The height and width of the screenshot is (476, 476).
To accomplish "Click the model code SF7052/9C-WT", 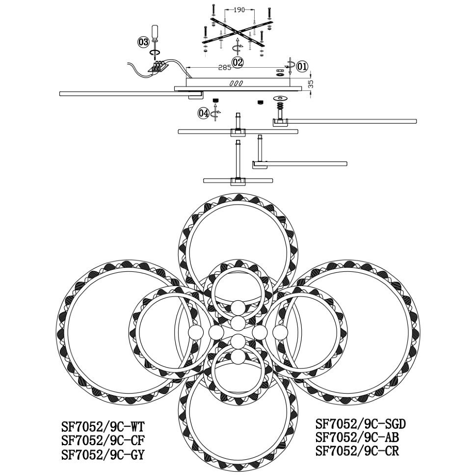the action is pyautogui.click(x=102, y=427).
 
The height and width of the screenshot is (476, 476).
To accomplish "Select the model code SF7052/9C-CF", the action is pyautogui.click(x=102, y=441).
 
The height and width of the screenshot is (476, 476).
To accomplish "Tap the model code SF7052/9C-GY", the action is pyautogui.click(x=102, y=455).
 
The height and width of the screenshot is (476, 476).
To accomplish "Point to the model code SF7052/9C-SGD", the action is pyautogui.click(x=361, y=424).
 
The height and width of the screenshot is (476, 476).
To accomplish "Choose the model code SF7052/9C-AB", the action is pyautogui.click(x=357, y=437).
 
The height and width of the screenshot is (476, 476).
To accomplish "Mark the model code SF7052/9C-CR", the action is pyautogui.click(x=357, y=451).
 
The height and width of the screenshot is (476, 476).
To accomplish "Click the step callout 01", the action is pyautogui.click(x=302, y=66).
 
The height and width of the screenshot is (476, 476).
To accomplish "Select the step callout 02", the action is pyautogui.click(x=238, y=62).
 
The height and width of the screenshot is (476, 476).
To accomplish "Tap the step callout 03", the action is pyautogui.click(x=143, y=42).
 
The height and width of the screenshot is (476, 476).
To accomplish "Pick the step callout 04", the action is pyautogui.click(x=204, y=113).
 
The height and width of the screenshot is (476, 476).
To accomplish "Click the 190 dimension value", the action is pyautogui.click(x=239, y=10).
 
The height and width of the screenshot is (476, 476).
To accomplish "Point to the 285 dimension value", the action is pyautogui.click(x=225, y=68).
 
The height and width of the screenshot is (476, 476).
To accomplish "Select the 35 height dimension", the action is pyautogui.click(x=310, y=84).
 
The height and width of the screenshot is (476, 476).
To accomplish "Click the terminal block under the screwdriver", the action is pyautogui.click(x=158, y=66).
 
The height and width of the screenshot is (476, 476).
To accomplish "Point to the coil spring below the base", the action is pyautogui.click(x=280, y=106).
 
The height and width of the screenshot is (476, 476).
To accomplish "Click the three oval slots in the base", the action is pyautogui.click(x=236, y=83).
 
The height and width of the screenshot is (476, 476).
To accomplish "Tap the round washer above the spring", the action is pyautogui.click(x=280, y=98).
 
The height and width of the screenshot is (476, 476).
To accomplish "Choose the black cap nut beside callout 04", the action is pyautogui.click(x=215, y=101).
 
